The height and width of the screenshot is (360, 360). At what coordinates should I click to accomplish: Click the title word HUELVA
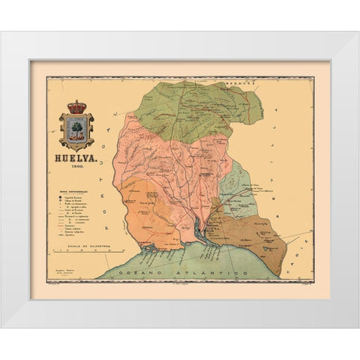(x=76, y=158)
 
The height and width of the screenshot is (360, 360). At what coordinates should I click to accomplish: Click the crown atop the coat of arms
(x=76, y=107)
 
